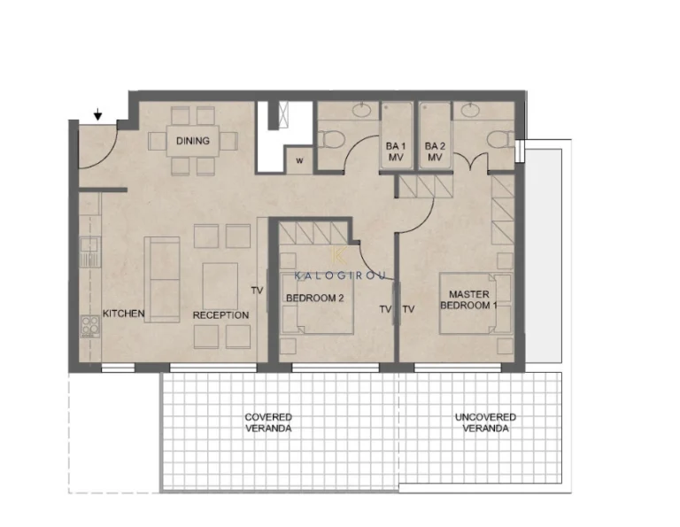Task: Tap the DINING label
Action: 192,141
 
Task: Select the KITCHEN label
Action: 124,314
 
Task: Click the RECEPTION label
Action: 220,315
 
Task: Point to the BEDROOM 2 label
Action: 315,298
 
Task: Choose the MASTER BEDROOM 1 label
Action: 468,299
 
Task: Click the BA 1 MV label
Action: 395,151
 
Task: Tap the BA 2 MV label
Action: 435,151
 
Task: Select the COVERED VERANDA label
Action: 268,422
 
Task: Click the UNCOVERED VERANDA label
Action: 485,422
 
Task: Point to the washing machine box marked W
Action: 299,160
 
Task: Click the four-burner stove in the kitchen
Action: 90,325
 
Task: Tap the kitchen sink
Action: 89,252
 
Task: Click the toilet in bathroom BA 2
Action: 500,140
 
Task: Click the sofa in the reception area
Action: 162,280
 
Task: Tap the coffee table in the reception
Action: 220,286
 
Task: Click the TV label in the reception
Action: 257,291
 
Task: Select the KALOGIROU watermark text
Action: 340,275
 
